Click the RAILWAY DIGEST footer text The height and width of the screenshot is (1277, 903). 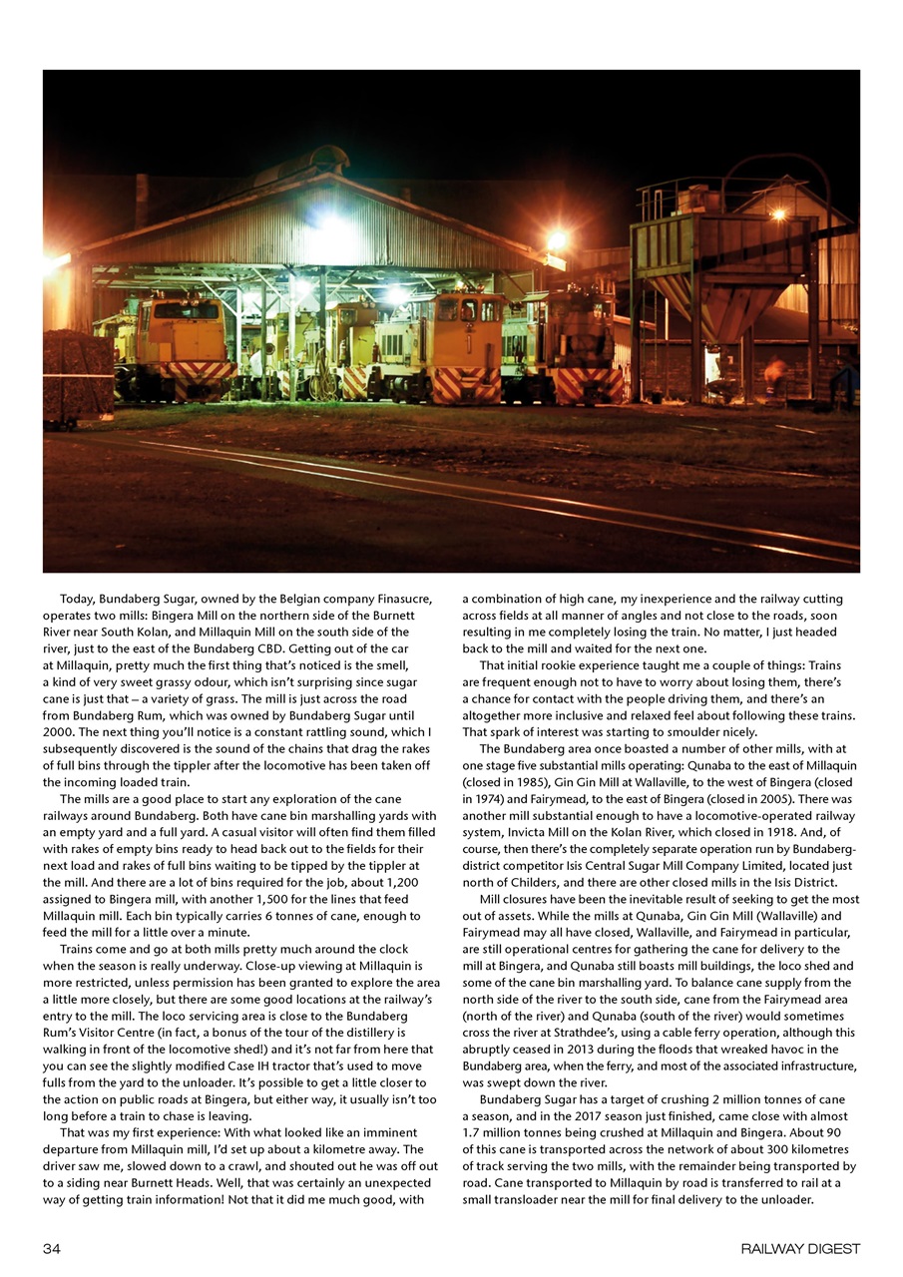[x=799, y=1248]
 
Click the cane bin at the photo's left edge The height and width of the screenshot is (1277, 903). [x=76, y=375]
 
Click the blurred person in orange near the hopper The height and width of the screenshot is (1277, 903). [x=773, y=375]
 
